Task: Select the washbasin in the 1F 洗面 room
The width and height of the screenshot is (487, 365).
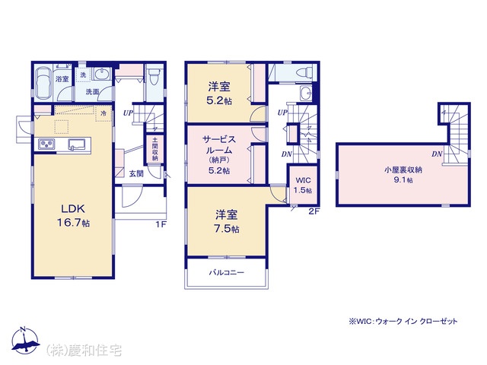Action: point(101,75)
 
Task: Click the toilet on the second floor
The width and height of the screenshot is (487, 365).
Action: point(304,73)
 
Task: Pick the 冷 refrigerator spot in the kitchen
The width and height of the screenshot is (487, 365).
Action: point(103,113)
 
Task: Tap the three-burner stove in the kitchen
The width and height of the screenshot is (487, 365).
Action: point(46,144)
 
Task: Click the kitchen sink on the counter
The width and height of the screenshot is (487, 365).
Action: point(76,144)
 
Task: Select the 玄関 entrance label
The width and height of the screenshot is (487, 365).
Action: point(136,174)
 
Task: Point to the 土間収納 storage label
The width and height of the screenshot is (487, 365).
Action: point(154,149)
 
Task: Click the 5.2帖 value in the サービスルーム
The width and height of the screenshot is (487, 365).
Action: point(219,170)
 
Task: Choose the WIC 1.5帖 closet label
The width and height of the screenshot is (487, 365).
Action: point(303,186)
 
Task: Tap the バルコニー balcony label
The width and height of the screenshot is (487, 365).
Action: point(227,272)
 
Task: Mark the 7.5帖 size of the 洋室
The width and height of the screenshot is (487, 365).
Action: point(227,229)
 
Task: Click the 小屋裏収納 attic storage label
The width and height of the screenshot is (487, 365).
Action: point(403,170)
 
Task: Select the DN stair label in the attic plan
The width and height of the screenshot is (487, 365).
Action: point(437,154)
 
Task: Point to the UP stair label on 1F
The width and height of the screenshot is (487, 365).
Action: point(128,113)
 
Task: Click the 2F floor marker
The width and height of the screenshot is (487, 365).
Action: point(314,211)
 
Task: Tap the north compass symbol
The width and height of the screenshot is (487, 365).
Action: point(25,341)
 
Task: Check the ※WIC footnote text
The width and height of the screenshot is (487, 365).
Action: point(403,322)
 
